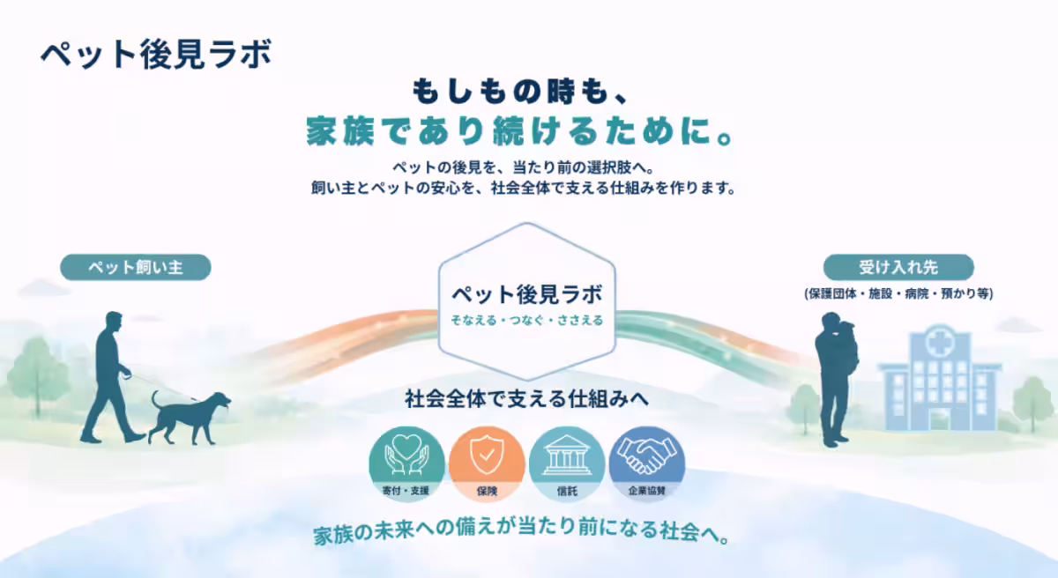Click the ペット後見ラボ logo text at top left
point(155,53)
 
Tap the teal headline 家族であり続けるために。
point(521,131)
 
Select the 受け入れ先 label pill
point(898,267)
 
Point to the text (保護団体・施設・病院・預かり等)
point(898,293)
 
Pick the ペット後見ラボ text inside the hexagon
point(526,293)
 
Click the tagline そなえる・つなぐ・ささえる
point(526,320)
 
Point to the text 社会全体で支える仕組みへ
point(526,399)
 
